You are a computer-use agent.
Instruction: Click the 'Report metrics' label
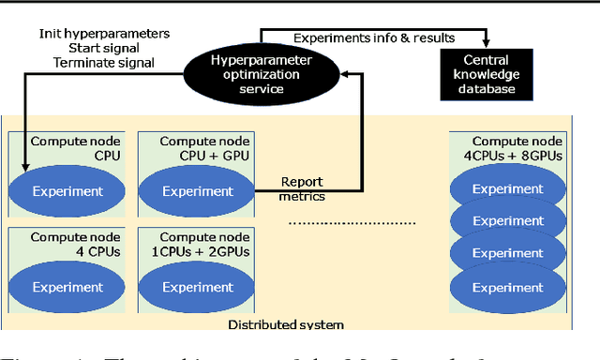302,188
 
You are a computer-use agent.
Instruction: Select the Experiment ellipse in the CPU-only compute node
67,190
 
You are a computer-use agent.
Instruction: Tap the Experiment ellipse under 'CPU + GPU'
198,190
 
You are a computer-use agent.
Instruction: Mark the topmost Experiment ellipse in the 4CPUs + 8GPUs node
507,188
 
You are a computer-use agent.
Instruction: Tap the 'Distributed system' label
286,325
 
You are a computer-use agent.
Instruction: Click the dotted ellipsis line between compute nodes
351,223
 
